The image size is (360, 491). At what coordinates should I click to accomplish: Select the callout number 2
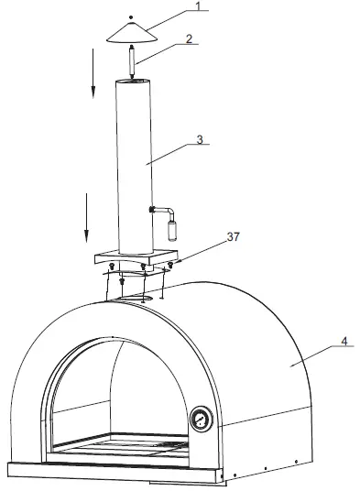189,39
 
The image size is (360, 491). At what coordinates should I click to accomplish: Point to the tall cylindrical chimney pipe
134,165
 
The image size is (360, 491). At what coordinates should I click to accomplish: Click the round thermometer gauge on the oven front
201,420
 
